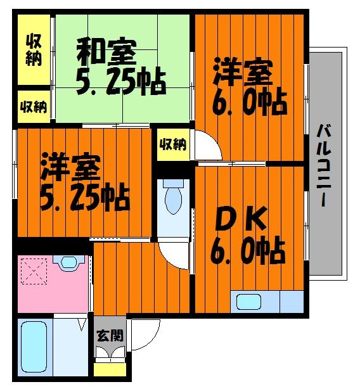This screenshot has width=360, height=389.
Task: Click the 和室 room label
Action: pos(106,52)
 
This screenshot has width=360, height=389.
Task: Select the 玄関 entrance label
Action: pos(110,335)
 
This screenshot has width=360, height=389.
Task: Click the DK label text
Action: pos(241,219)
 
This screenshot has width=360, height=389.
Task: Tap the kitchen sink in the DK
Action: pos(248,302)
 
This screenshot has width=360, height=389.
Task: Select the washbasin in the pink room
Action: pos(69,262)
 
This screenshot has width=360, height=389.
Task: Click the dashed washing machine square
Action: pos(34,271)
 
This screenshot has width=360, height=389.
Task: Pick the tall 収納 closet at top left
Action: pos(34,49)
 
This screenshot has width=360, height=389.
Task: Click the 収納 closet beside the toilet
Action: pos(173,144)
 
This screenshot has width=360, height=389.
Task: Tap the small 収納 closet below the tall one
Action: pos(34,106)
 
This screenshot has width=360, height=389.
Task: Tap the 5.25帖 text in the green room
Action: pos(121,81)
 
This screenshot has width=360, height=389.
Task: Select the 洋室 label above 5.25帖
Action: pos(71,167)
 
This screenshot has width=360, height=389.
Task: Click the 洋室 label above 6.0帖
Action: pos(243,72)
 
